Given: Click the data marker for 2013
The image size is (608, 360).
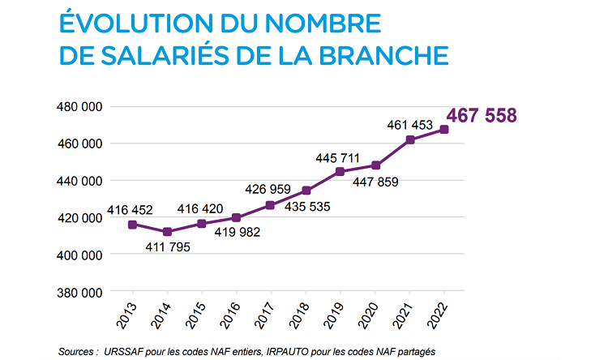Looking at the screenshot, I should [132, 225].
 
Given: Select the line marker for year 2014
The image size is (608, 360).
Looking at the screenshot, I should [167, 232].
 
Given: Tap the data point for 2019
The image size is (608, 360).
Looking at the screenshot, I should [340, 172].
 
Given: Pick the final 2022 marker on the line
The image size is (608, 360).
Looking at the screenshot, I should [444, 130].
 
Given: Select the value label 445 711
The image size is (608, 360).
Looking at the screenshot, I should [339, 156].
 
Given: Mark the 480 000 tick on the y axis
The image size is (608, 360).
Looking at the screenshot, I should [79, 106].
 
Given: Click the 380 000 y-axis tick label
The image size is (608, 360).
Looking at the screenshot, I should [79, 292].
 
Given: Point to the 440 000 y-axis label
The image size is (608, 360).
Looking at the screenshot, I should [79, 181].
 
